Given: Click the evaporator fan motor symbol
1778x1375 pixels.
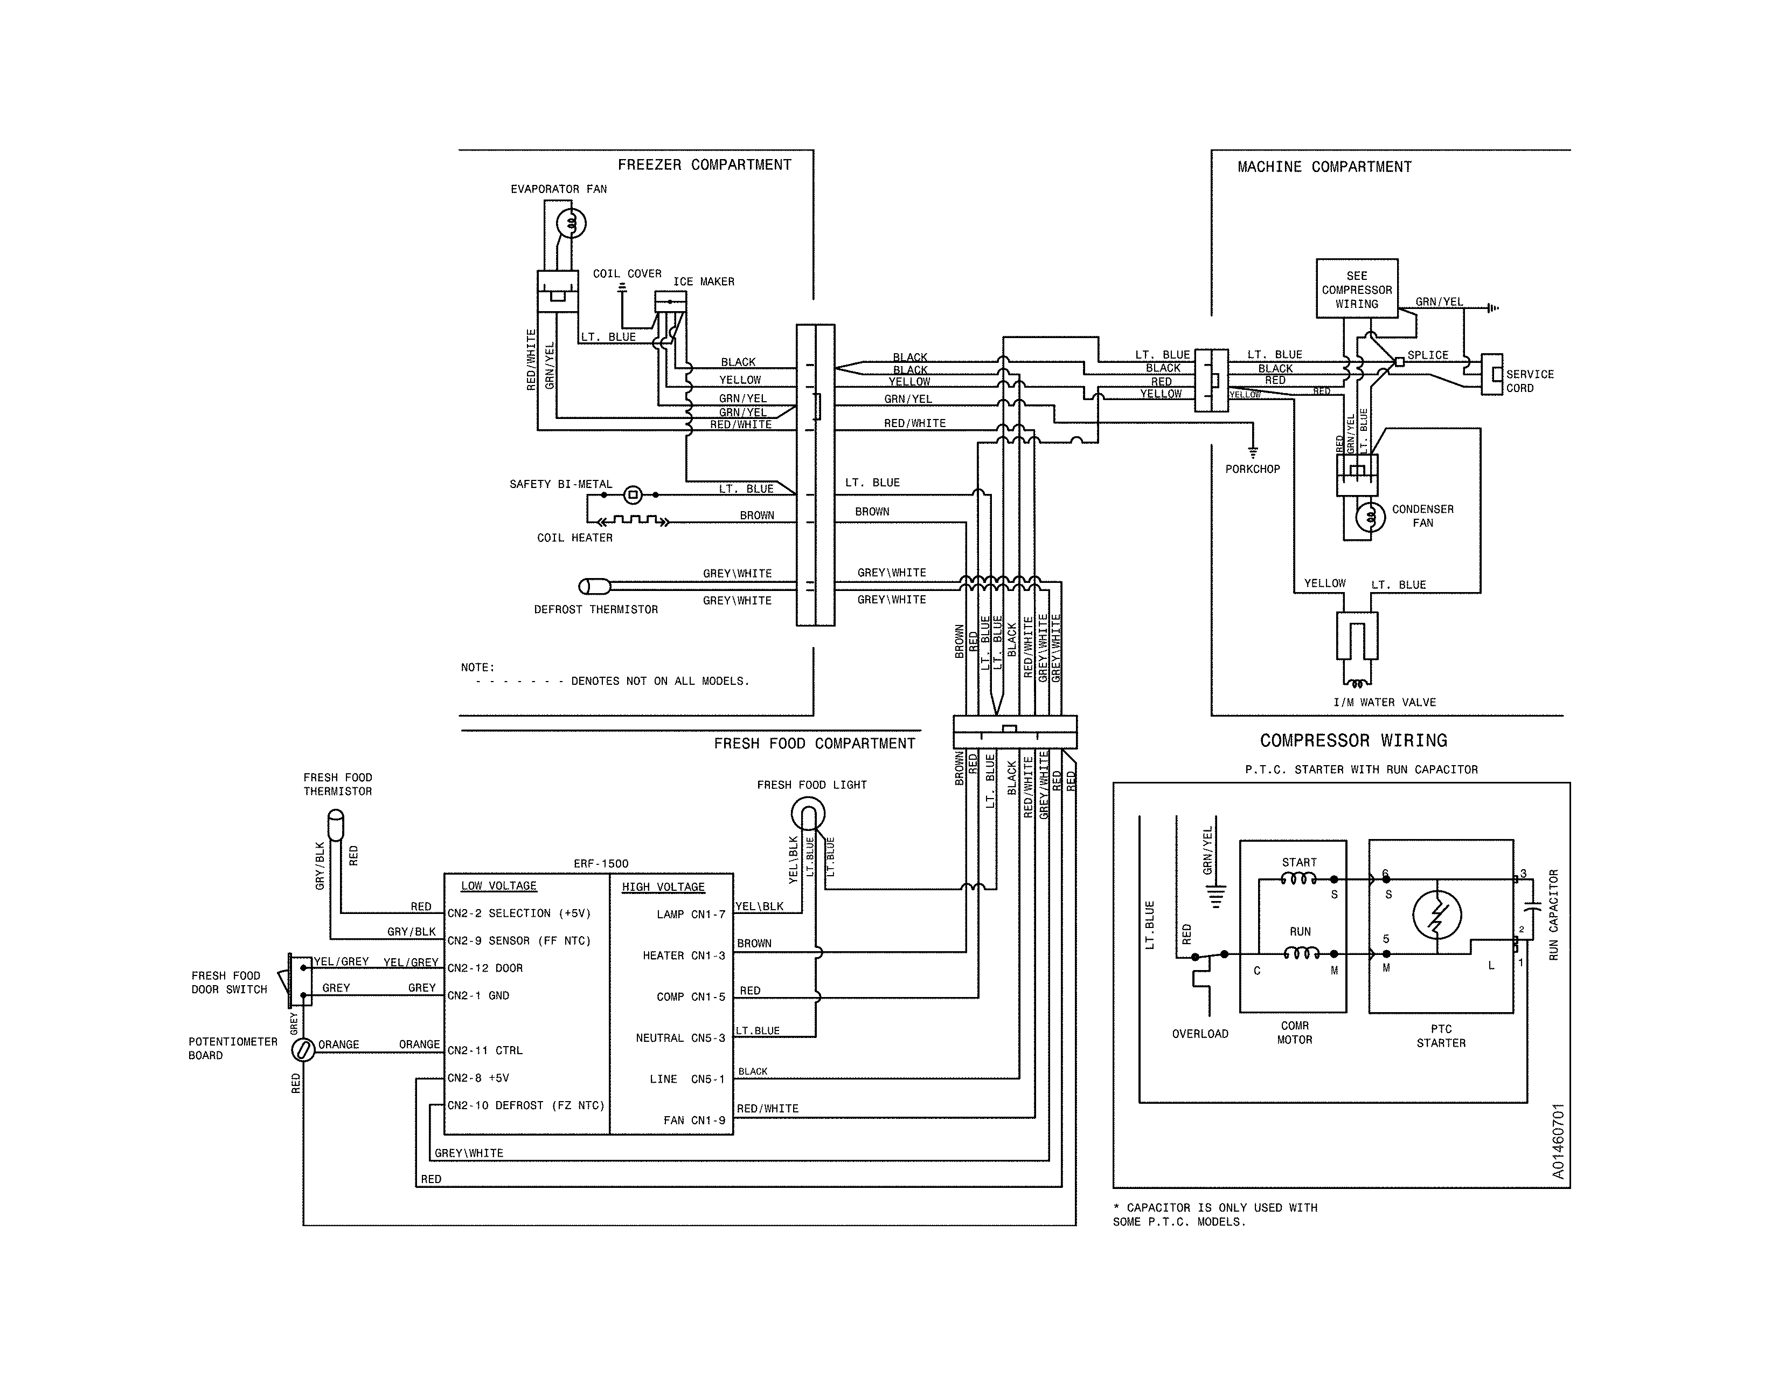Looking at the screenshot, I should point(571,222).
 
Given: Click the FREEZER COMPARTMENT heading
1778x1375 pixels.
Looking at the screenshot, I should point(704,164).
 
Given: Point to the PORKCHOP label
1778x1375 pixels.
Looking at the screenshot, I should point(1252,469).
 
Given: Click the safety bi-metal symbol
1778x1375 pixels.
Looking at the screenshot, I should point(633,494).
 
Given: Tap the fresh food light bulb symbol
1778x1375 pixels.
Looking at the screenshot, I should point(808,813).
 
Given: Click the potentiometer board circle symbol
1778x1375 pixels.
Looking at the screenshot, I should point(303,1050).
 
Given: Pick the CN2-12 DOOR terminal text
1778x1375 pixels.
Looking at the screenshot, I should point(485,968).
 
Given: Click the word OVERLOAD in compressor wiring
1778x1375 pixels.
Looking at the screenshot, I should point(1200,1034).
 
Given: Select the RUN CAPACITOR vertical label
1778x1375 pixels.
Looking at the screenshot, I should point(1553,914).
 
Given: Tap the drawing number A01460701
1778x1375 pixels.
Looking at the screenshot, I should point(1558,1140).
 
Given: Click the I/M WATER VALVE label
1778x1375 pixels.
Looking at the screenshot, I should point(1384,702).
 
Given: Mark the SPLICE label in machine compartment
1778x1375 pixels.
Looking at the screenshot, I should point(1428,355).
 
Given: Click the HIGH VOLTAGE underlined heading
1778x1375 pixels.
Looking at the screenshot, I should point(663,887).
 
